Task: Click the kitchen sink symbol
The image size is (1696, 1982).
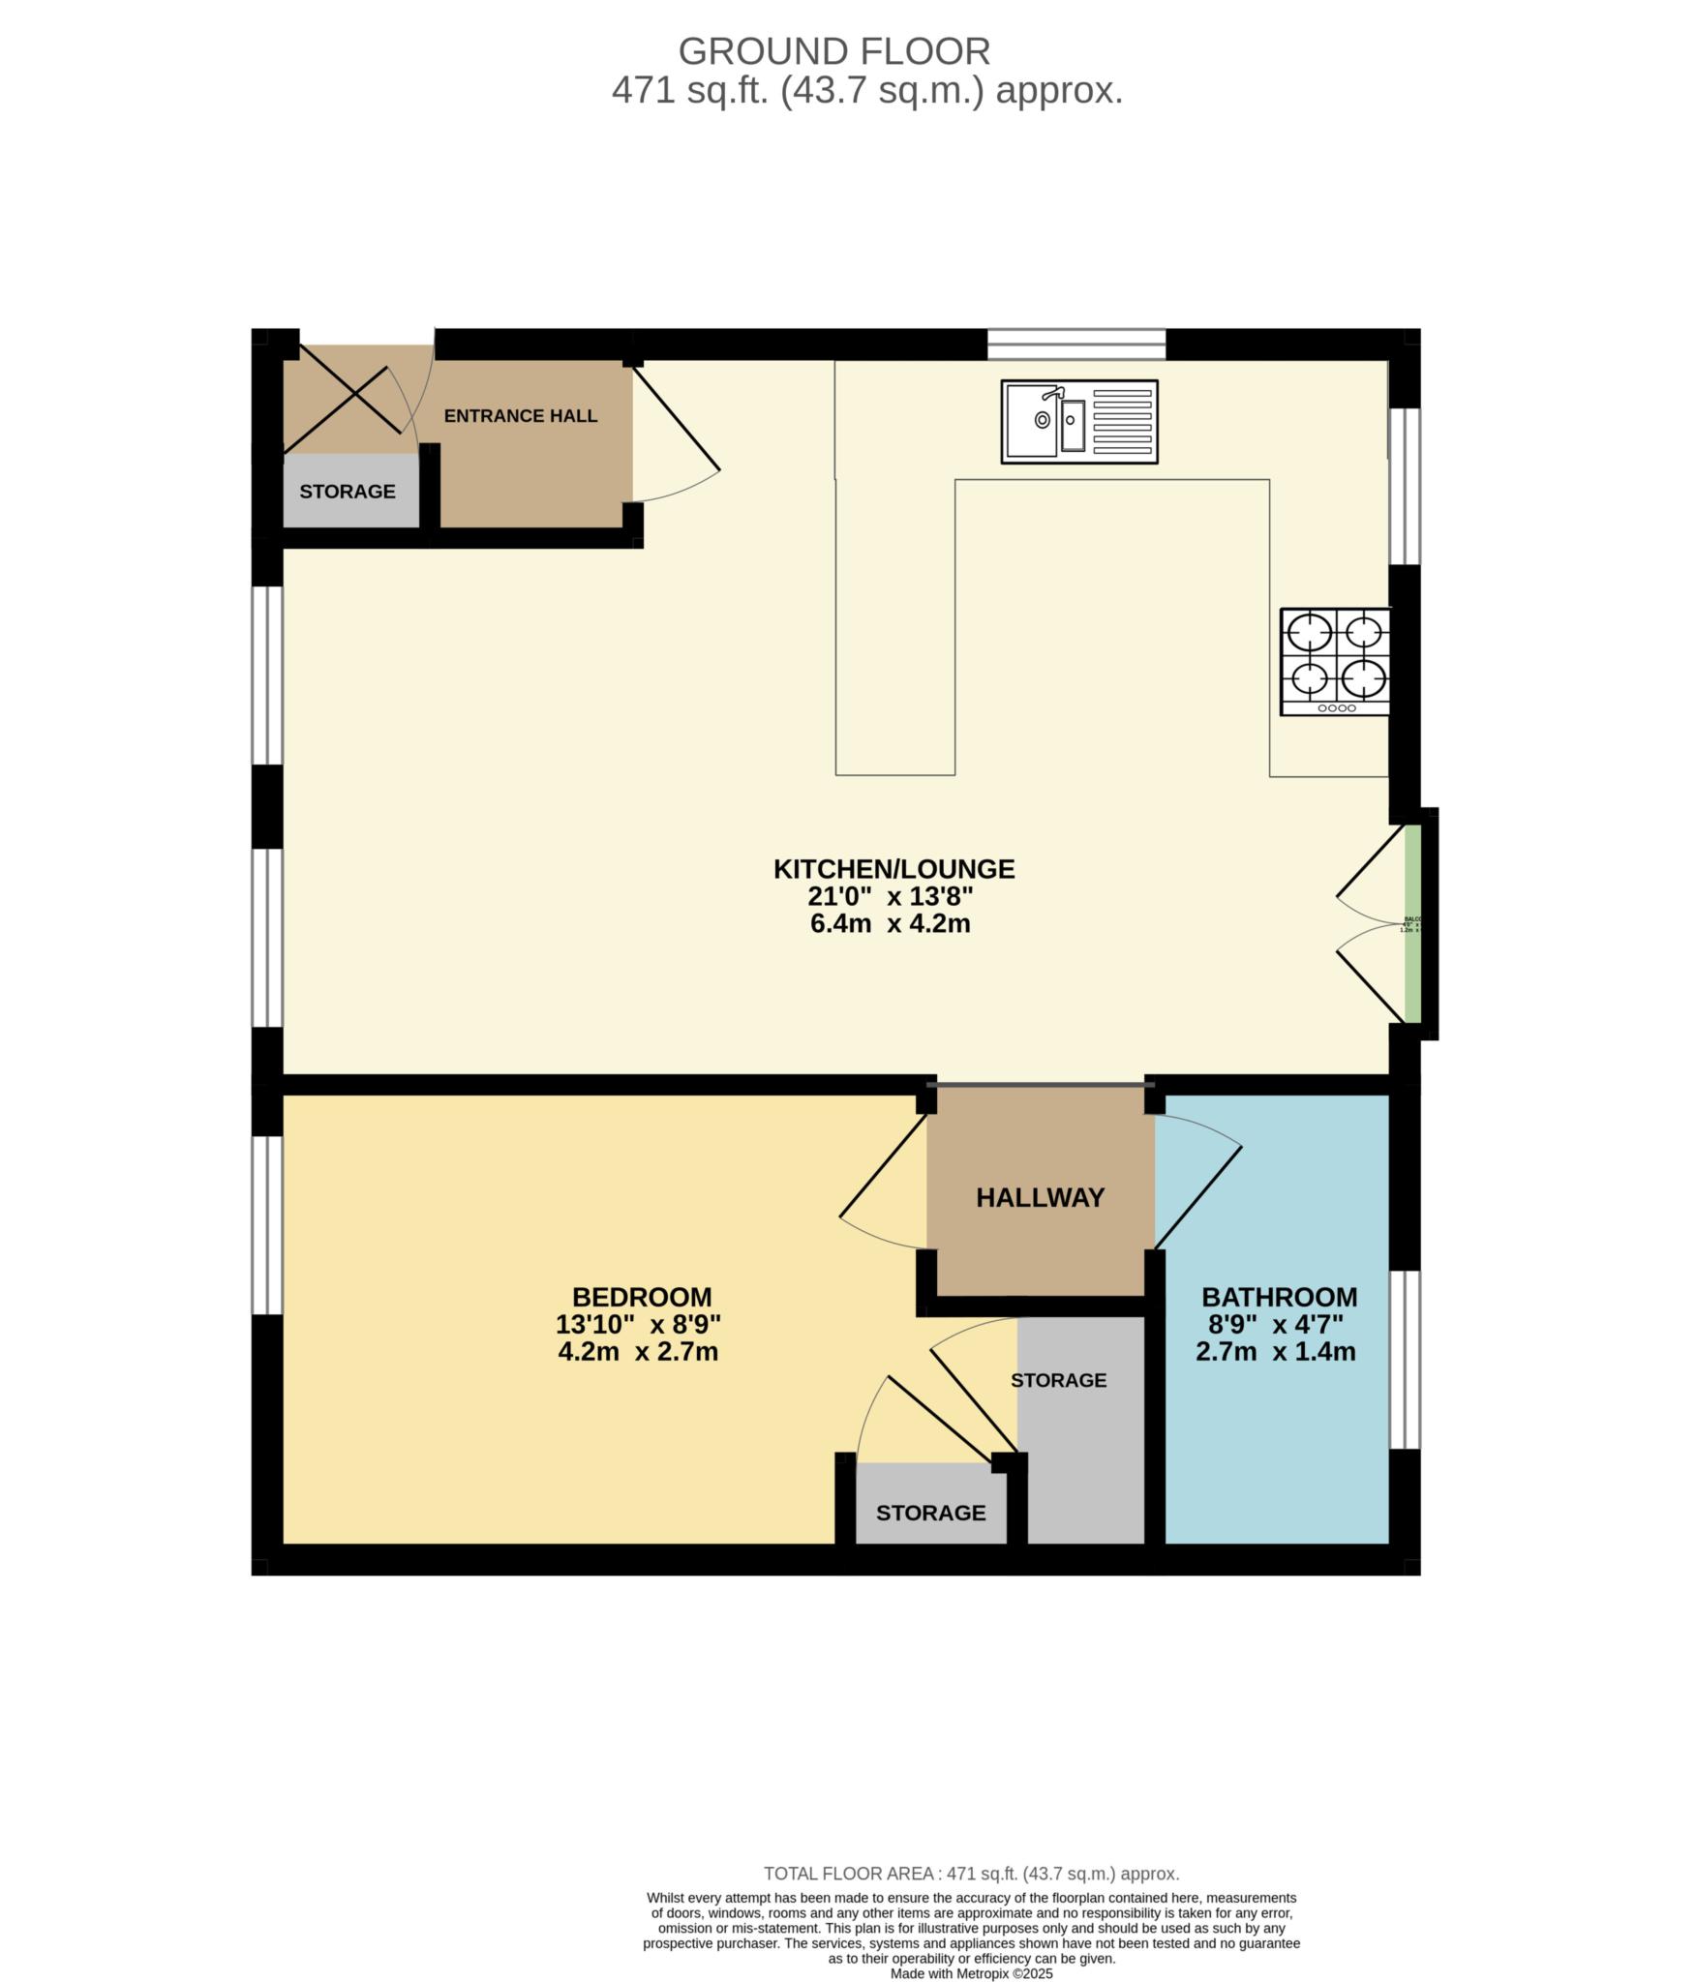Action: (1078, 421)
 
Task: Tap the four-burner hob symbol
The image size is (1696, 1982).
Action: (1335, 661)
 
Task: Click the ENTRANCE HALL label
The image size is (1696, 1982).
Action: (520, 416)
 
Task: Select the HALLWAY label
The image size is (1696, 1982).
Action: (1040, 1198)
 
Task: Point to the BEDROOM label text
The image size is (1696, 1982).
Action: (641, 1297)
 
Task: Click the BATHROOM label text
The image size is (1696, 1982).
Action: (1279, 1297)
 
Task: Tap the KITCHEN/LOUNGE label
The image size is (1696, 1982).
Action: (893, 869)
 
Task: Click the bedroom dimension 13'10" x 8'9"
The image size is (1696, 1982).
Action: (639, 1324)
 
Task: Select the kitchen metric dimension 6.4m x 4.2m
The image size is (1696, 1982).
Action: (890, 923)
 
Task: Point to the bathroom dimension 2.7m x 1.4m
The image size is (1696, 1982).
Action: (1275, 1352)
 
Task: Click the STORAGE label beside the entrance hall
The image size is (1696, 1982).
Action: (347, 492)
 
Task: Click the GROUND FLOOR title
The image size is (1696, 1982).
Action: (833, 50)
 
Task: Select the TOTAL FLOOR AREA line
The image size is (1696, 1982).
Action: (971, 1875)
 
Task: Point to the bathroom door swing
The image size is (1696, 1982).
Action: (1198, 1186)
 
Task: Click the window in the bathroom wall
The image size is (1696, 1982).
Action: (1405, 1360)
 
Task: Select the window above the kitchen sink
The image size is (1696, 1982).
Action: (1076, 344)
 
